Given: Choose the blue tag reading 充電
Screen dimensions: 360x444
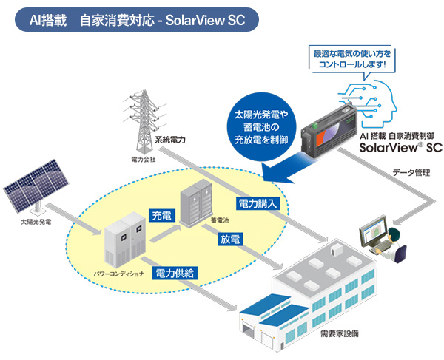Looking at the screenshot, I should pyautogui.click(x=161, y=216).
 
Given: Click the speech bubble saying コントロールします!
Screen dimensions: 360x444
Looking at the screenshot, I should pyautogui.click(x=350, y=59).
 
